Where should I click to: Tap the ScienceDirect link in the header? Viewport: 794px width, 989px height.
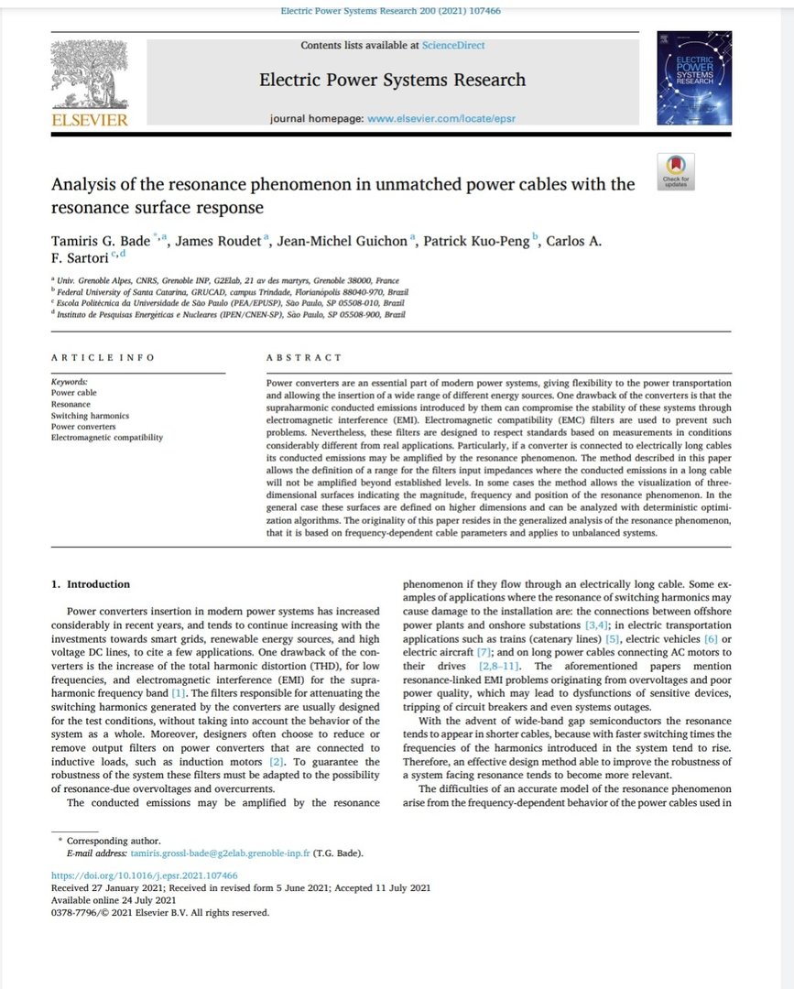(453, 45)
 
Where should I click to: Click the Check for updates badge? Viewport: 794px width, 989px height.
(675, 172)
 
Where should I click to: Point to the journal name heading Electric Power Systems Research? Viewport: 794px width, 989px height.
(392, 80)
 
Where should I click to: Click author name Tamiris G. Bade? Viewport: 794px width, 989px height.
(101, 241)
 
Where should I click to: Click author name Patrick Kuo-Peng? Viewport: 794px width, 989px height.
(482, 241)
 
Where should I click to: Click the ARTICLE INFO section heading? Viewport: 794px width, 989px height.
(103, 357)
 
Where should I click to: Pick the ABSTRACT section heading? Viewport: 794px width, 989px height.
(303, 357)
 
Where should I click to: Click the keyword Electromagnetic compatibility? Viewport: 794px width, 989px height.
(106, 438)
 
